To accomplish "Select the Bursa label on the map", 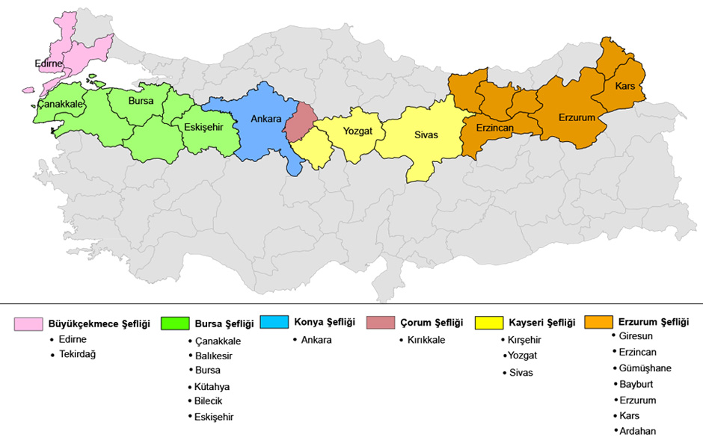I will click(x=141, y=100).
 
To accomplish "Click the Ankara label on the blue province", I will click(x=266, y=119).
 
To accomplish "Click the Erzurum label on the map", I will click(x=576, y=118).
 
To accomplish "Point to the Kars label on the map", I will click(x=625, y=87).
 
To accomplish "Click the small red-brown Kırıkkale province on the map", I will click(x=302, y=122).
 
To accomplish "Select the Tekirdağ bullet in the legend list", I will click(x=77, y=354).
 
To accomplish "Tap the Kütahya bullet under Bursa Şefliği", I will click(x=212, y=386).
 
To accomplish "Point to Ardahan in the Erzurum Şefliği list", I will click(x=637, y=431).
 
